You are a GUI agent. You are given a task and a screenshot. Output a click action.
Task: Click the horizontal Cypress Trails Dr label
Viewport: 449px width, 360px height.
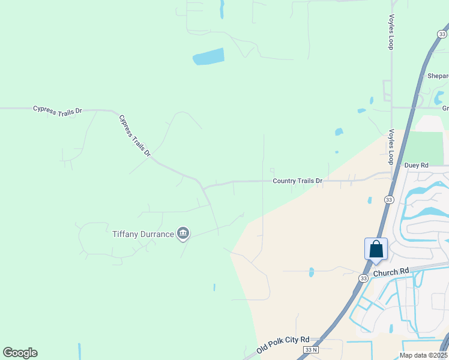click(x=57, y=109)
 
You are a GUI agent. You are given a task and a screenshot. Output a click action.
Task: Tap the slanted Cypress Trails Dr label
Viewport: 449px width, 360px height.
click(x=134, y=136)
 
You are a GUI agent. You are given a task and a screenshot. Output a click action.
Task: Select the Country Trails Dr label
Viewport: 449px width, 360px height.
click(x=297, y=181)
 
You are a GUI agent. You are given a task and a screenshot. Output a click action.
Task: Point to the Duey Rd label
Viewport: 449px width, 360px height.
click(x=416, y=165)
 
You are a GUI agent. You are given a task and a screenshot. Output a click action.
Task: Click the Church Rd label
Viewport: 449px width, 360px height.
click(x=390, y=272)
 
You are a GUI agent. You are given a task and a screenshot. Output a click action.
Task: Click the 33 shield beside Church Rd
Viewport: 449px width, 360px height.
click(x=364, y=278)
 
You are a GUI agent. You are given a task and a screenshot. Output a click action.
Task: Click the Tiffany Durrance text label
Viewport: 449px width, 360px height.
click(x=143, y=233)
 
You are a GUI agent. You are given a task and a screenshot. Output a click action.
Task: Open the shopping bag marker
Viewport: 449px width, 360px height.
click(x=376, y=249)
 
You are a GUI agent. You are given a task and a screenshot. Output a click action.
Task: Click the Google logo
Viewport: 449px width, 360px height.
click(x=20, y=353)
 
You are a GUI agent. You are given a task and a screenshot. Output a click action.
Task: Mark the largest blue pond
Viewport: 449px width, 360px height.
click(x=208, y=56)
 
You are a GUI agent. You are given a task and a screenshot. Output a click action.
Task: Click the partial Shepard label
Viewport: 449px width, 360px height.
click(x=438, y=76)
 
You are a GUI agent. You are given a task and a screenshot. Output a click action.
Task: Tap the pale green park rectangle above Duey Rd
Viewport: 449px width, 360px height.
click(x=426, y=147)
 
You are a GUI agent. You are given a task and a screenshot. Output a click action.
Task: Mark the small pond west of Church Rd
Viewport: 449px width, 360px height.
click(x=311, y=272)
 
